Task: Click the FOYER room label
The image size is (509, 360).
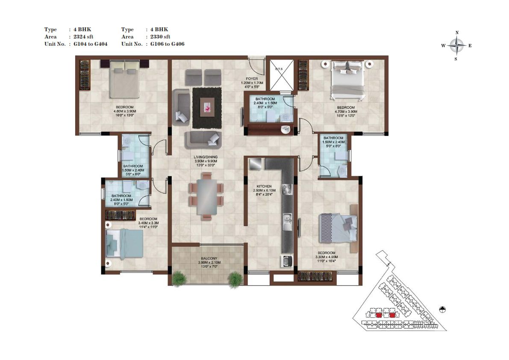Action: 252,79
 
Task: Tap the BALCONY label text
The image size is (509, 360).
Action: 209,258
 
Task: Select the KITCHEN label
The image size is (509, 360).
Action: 264,186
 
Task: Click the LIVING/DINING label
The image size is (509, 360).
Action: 206,157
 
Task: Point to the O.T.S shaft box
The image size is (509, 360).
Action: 282,75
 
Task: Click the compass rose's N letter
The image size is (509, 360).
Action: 457,32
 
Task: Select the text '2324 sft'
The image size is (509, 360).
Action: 83,37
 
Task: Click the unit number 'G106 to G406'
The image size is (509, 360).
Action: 167,44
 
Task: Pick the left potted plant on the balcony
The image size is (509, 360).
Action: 179,279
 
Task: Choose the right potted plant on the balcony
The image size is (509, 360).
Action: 235,280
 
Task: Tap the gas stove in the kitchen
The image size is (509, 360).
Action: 287,189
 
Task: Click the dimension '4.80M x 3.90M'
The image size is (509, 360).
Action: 125,111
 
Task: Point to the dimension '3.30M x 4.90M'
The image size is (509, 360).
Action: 327,257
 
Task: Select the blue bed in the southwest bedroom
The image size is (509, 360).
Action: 125,243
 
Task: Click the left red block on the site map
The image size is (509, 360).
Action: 378,315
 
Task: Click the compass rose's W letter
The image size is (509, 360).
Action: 443,46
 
